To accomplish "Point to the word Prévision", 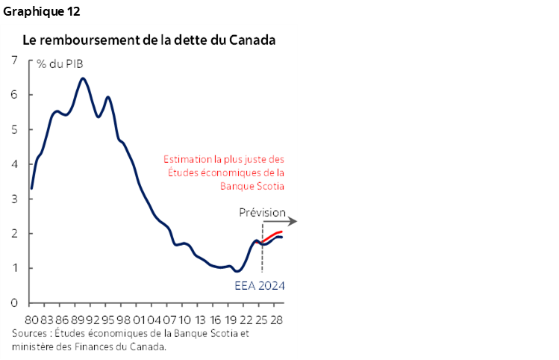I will click(262, 213).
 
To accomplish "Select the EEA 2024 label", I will click(260, 285).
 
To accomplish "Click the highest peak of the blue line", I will click(83, 78).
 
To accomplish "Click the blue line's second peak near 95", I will click(108, 97).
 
